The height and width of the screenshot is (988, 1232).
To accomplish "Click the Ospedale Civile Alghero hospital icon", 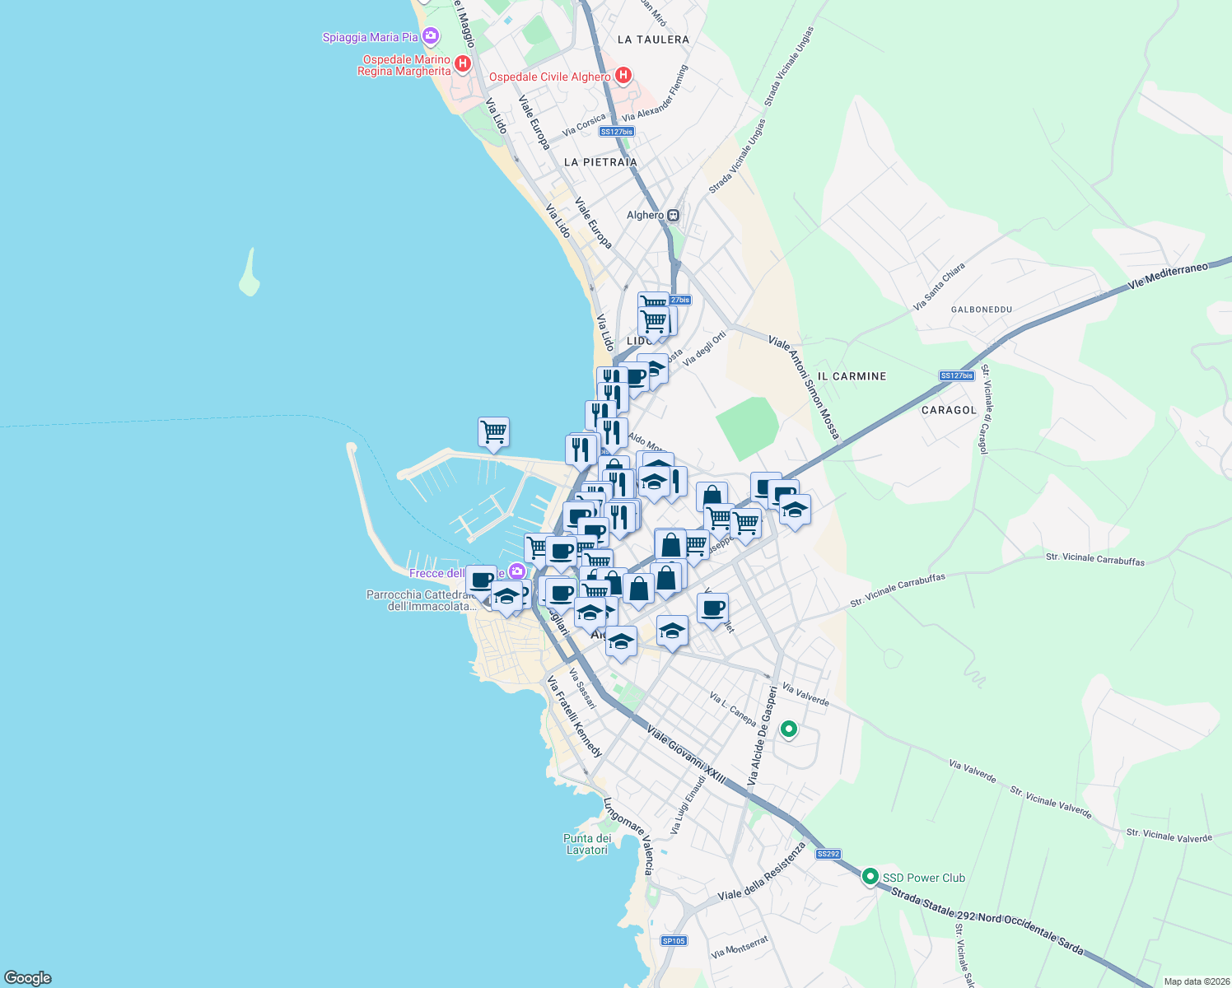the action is [623, 76].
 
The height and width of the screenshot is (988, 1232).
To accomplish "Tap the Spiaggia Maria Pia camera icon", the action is [430, 36].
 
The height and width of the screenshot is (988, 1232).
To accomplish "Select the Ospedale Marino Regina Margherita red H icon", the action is [463, 63].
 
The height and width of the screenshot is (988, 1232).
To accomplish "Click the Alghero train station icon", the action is [674, 215].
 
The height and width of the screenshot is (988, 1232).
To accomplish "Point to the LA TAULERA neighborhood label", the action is [653, 40].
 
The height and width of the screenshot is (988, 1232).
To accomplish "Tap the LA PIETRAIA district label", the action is [600, 162].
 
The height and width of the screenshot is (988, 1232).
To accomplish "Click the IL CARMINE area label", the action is [852, 376].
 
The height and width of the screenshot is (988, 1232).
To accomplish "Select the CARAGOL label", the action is [949, 410].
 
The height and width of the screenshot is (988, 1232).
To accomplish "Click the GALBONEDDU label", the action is [981, 310].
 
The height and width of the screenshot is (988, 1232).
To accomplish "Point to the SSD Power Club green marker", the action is [870, 878].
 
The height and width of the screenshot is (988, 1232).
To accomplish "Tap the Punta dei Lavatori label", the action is [587, 844].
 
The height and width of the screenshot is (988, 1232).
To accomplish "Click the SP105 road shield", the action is [674, 941].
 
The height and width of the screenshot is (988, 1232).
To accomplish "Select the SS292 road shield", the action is [828, 854].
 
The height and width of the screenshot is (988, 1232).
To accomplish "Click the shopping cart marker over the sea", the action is [493, 432].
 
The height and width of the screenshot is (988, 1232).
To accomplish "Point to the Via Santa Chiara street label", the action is [939, 287].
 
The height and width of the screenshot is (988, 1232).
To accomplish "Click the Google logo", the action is [28, 978].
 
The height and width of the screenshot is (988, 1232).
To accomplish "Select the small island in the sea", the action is [250, 274].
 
